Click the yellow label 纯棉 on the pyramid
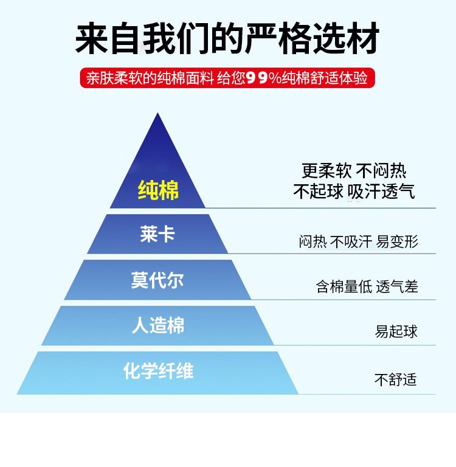pos(158,190)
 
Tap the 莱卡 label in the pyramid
pos(157,234)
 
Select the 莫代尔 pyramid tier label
pos(157,280)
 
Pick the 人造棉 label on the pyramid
pos(157,326)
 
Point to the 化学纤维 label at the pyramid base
pos(158,371)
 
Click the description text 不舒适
pos(395,379)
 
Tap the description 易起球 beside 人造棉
pos(396,332)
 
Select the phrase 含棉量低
pos(344,286)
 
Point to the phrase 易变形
pos(397,241)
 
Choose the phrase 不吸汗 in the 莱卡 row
pos(351,241)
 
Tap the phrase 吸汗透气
pos(382,192)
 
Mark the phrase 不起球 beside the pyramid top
pos(318,192)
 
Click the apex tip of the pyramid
pos(158,115)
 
